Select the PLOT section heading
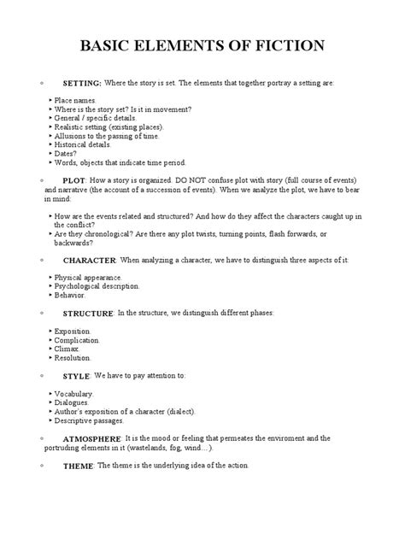pos(75,182)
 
